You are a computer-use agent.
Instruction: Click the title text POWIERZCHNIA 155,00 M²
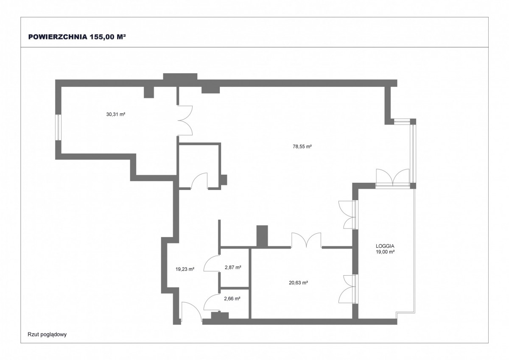click(x=77, y=37)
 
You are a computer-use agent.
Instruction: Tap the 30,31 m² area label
click(x=116, y=114)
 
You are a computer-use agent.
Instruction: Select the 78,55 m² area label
click(x=302, y=146)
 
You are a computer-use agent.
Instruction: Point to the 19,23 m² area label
click(x=185, y=269)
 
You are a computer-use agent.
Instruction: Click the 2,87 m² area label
click(x=233, y=267)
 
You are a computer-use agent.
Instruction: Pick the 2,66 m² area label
click(x=232, y=299)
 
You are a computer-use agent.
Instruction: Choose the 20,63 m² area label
click(x=298, y=283)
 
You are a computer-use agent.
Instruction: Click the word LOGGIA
click(x=385, y=246)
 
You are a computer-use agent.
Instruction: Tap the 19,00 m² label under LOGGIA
click(x=385, y=251)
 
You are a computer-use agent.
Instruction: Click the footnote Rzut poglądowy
click(x=47, y=335)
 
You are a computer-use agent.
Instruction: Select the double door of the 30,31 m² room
click(x=185, y=120)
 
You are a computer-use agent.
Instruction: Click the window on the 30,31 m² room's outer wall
click(x=59, y=127)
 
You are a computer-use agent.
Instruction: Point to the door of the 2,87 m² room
click(x=212, y=263)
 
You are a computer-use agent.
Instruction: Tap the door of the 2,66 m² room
click(x=212, y=302)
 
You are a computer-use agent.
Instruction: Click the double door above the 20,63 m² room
click(x=306, y=240)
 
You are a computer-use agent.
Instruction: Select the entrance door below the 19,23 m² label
click(x=192, y=311)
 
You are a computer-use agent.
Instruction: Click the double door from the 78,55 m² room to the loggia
click(x=348, y=215)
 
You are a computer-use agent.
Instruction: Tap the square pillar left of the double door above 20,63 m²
click(x=262, y=236)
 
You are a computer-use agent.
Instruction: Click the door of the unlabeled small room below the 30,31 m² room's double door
click(x=199, y=181)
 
